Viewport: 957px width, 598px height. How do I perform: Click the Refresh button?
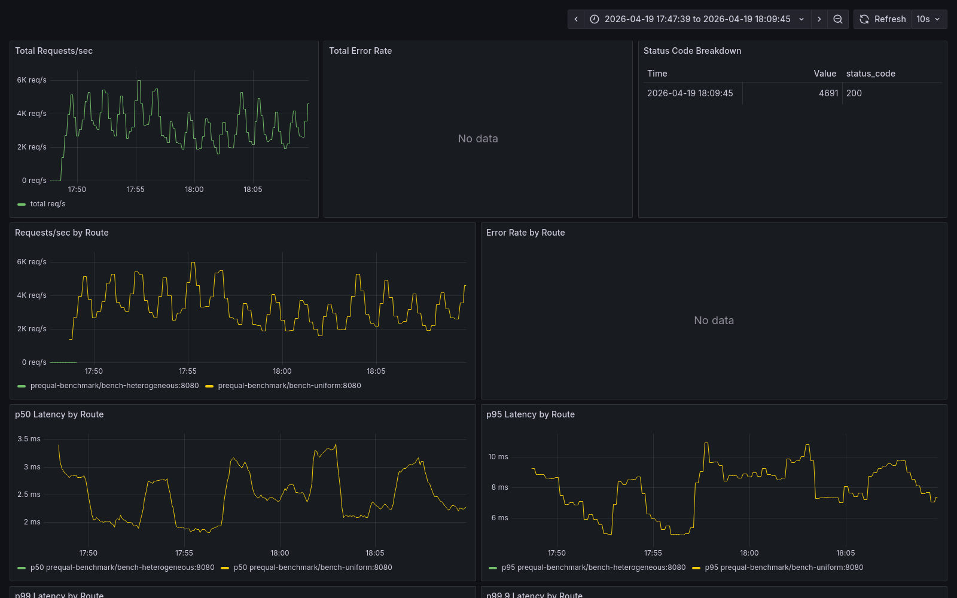coord(883,19)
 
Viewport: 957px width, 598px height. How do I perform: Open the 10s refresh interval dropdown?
coord(928,19)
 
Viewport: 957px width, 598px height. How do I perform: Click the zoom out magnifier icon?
coord(838,19)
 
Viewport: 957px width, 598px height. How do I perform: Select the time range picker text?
coord(697,19)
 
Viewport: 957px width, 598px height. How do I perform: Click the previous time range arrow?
coord(576,19)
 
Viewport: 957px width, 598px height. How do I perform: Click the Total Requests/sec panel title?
coord(54,51)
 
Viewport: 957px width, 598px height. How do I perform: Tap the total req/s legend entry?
coord(47,204)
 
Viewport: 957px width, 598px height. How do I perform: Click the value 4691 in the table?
coord(828,93)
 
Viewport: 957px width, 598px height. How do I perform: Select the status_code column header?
coord(870,74)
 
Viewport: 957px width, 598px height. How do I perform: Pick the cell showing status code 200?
coord(854,93)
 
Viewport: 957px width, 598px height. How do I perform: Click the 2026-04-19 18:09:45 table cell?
coord(690,93)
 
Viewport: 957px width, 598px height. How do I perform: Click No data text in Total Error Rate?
coord(478,139)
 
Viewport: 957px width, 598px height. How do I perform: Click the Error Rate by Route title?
coord(525,233)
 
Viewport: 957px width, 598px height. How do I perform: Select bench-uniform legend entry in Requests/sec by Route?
coord(289,386)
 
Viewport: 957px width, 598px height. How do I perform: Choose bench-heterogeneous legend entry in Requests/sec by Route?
coord(114,386)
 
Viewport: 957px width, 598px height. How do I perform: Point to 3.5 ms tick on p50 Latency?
coord(29,439)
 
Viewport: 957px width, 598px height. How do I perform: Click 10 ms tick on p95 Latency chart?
coord(498,457)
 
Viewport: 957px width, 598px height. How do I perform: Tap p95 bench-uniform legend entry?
coord(784,568)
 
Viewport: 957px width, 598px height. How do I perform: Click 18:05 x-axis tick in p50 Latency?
coord(374,553)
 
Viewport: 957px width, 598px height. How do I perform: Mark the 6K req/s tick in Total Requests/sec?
coord(31,80)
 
